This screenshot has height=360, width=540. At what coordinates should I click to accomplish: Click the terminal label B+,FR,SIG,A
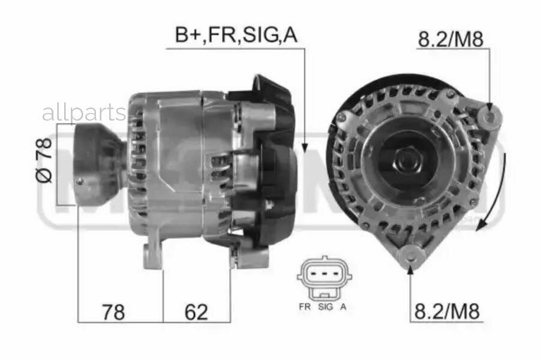[236, 35]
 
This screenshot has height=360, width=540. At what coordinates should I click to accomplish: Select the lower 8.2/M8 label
[448, 311]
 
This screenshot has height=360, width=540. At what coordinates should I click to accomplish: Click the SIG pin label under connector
[325, 307]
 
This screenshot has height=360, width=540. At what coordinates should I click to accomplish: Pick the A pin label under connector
[343, 307]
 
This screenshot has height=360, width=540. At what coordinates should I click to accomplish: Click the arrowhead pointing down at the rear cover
[304, 146]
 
